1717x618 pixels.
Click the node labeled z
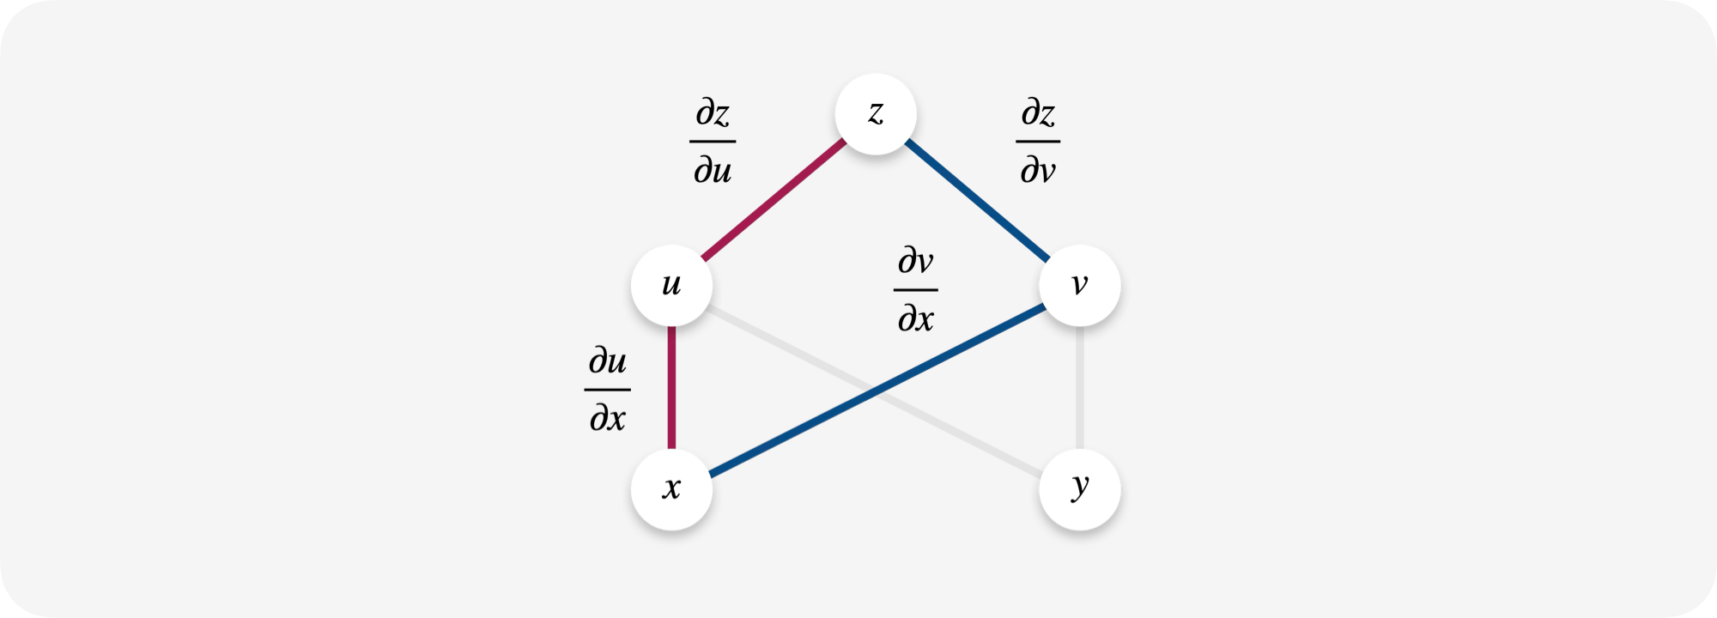tap(876, 114)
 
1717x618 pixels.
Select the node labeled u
tap(671, 286)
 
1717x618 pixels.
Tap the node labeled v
tap(1080, 286)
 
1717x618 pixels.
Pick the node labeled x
tap(671, 489)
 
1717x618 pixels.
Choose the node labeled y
tap(1080, 489)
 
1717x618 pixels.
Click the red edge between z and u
tap(774, 199)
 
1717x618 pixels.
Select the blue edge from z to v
tap(977, 200)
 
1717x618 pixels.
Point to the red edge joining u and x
tap(671, 387)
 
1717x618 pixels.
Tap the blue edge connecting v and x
tap(877, 390)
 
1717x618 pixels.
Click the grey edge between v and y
tap(1080, 387)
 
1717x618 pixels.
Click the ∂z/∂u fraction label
tap(713, 142)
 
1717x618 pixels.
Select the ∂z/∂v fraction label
tap(1038, 142)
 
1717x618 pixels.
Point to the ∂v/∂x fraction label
tap(916, 290)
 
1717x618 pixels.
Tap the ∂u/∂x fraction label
tap(608, 390)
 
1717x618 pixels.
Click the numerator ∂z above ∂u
tap(713, 113)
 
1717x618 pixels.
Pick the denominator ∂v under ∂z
tap(1038, 170)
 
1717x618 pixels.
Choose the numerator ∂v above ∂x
tap(916, 261)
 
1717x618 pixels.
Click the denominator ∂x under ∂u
tap(608, 418)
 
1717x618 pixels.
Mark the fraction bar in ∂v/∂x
tap(916, 290)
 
